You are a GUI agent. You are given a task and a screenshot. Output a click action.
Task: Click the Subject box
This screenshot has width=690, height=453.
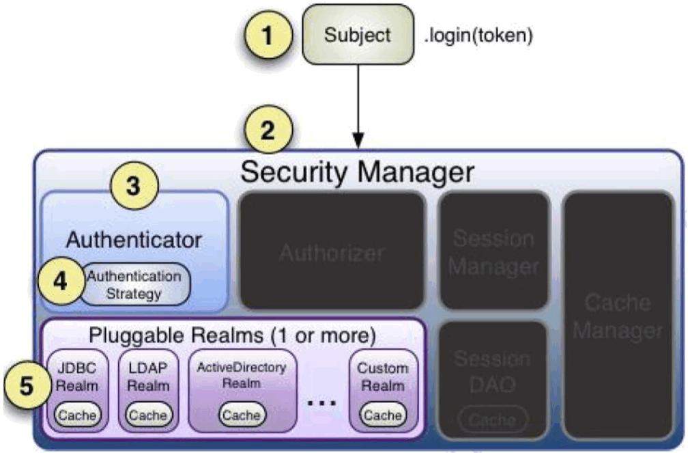point(358,34)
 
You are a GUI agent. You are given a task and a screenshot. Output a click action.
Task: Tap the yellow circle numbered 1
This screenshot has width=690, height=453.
point(269,34)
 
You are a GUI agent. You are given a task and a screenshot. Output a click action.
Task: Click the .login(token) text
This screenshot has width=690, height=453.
point(478,35)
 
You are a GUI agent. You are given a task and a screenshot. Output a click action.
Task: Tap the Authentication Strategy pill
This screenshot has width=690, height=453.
point(134,285)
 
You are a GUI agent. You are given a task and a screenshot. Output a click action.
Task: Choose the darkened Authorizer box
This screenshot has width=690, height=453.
point(332,252)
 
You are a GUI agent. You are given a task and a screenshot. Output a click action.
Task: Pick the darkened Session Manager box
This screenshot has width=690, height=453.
point(493,252)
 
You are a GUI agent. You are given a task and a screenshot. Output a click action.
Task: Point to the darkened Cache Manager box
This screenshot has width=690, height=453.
point(618,316)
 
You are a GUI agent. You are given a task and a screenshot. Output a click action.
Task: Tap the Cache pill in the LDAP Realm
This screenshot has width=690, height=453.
point(148,415)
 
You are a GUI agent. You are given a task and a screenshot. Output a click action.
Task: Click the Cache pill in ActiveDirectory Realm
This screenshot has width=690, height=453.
point(242,415)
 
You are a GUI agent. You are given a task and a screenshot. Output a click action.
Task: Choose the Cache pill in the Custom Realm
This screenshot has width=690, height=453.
point(383,415)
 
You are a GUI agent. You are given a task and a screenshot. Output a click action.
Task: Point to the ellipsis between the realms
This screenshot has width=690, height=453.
point(322,403)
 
